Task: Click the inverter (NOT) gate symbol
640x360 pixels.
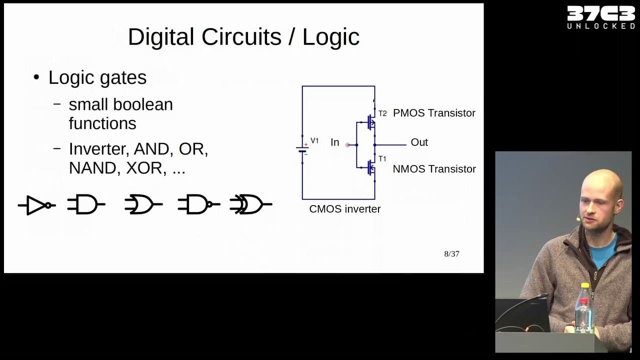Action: point(36,205)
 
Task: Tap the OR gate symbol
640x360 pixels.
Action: point(143,204)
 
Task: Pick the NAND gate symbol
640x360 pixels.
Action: point(199,204)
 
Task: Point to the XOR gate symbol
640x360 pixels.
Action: point(251,204)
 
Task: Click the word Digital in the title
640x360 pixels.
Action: point(161,37)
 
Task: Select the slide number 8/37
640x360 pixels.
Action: point(451,253)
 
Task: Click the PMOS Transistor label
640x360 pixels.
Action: point(434,113)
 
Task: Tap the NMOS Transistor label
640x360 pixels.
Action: point(434,169)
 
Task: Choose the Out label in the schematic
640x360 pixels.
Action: point(419,142)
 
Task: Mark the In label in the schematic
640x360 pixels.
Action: point(335,142)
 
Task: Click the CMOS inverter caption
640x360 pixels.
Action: point(345,209)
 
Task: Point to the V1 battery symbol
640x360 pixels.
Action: point(302,149)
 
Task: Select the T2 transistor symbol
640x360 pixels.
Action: point(371,122)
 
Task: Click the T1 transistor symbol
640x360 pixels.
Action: point(371,167)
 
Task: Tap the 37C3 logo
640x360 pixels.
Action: point(601,17)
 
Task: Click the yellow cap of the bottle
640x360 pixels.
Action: point(585,285)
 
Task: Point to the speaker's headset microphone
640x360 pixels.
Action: point(578,219)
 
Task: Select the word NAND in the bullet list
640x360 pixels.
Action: point(92,168)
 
